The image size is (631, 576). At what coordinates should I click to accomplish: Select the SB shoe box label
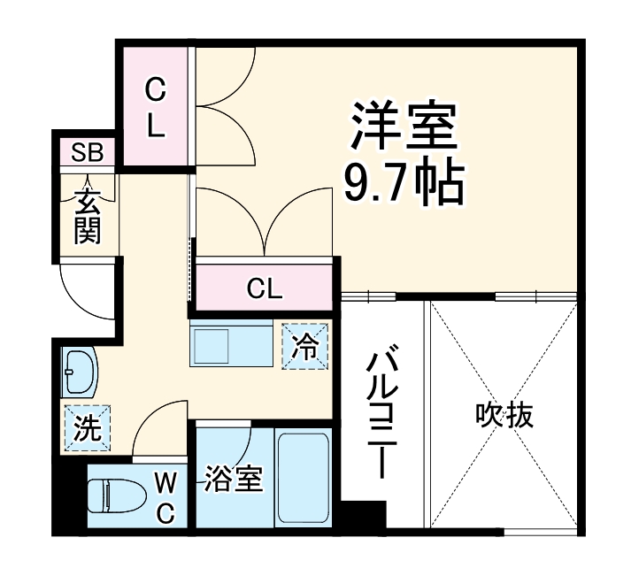tap(87, 152)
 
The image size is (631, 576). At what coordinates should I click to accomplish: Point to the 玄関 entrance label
tap(87, 217)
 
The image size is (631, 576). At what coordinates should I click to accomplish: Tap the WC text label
tap(165, 497)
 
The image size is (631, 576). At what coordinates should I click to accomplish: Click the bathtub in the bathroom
tap(304, 479)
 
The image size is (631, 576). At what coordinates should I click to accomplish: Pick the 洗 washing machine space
tap(87, 428)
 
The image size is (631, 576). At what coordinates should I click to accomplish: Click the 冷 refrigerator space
tap(305, 346)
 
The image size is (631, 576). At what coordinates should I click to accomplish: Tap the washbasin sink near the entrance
tap(77, 372)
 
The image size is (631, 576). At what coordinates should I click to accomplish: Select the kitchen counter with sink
tap(232, 344)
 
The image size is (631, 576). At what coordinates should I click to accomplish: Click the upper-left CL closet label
tap(155, 107)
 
